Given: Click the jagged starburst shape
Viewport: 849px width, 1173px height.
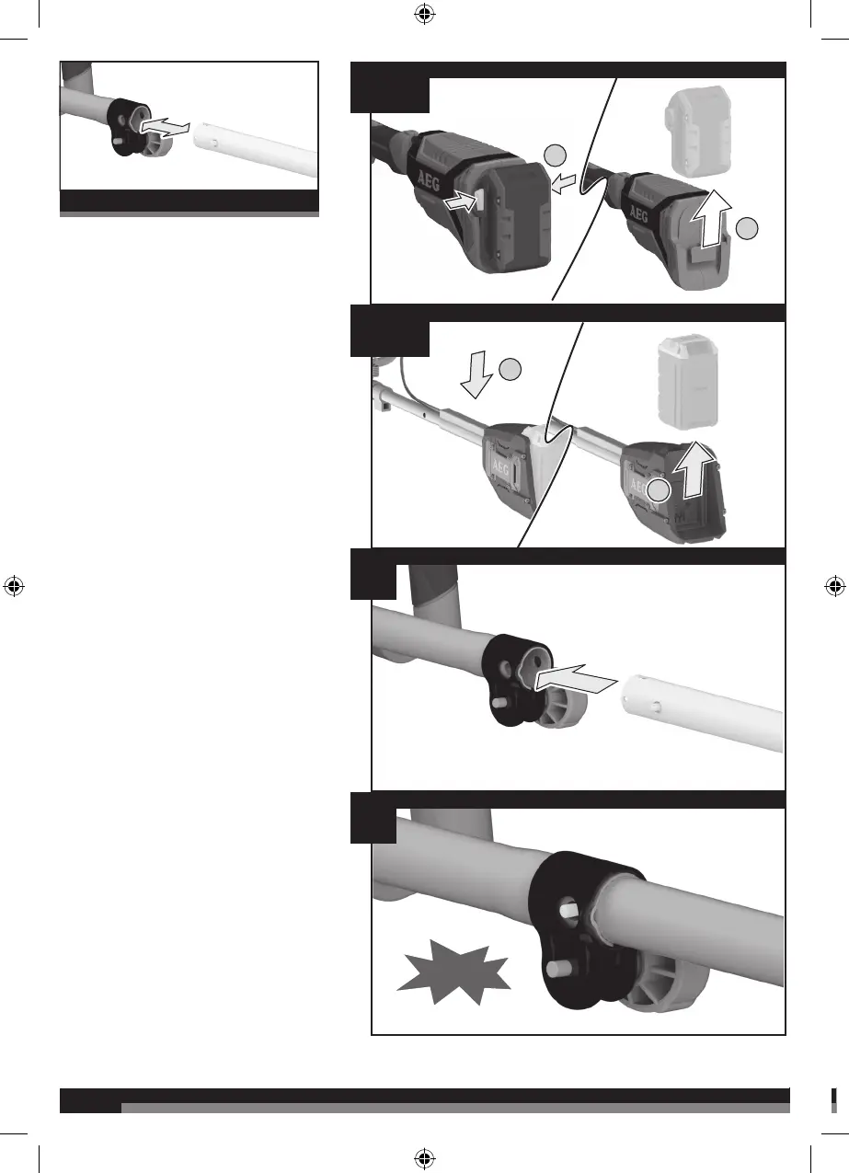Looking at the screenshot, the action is [453, 972].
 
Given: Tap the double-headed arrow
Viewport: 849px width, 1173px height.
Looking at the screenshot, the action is [165, 127].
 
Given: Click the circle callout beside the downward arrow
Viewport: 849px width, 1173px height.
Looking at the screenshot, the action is [510, 369].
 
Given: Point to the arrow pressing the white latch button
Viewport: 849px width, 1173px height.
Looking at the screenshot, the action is [461, 201].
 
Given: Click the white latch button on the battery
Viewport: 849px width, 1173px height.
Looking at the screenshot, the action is [480, 200].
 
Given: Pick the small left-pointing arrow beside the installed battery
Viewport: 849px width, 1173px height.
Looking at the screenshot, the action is [564, 184].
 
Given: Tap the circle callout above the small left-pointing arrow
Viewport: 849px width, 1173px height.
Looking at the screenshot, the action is [556, 155].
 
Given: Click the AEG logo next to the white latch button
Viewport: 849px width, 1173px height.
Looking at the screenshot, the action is [430, 180].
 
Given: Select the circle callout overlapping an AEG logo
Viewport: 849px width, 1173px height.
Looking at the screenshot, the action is [658, 490].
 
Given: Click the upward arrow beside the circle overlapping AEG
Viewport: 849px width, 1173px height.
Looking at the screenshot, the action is [694, 469].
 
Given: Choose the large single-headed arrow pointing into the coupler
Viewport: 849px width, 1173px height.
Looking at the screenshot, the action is [575, 680].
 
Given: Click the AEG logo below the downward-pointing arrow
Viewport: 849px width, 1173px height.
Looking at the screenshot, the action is [500, 467].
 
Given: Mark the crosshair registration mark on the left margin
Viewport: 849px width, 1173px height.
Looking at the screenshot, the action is [14, 586].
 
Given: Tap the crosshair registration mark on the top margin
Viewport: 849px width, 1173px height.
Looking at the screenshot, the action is [425, 14].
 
